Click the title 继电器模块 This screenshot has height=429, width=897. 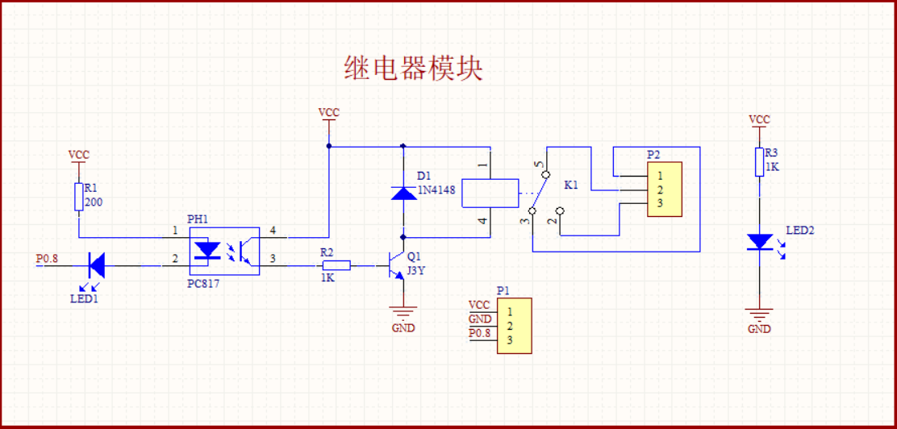[x=413, y=69]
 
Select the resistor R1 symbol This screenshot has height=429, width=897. [x=78, y=196]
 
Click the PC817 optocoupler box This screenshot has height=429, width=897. [x=224, y=251]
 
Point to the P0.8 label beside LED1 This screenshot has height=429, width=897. [x=48, y=259]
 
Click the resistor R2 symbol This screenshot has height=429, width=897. [x=336, y=264]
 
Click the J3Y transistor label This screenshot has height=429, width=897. [x=416, y=271]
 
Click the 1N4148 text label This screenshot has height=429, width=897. [x=436, y=190]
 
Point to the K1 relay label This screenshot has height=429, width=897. [x=571, y=185]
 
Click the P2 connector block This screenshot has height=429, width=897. [x=664, y=190]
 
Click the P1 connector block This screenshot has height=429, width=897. [x=514, y=326]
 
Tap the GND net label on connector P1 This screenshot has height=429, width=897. [x=479, y=319]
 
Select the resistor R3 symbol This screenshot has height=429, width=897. [x=759, y=161]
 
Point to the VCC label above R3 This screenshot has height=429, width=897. [x=759, y=119]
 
